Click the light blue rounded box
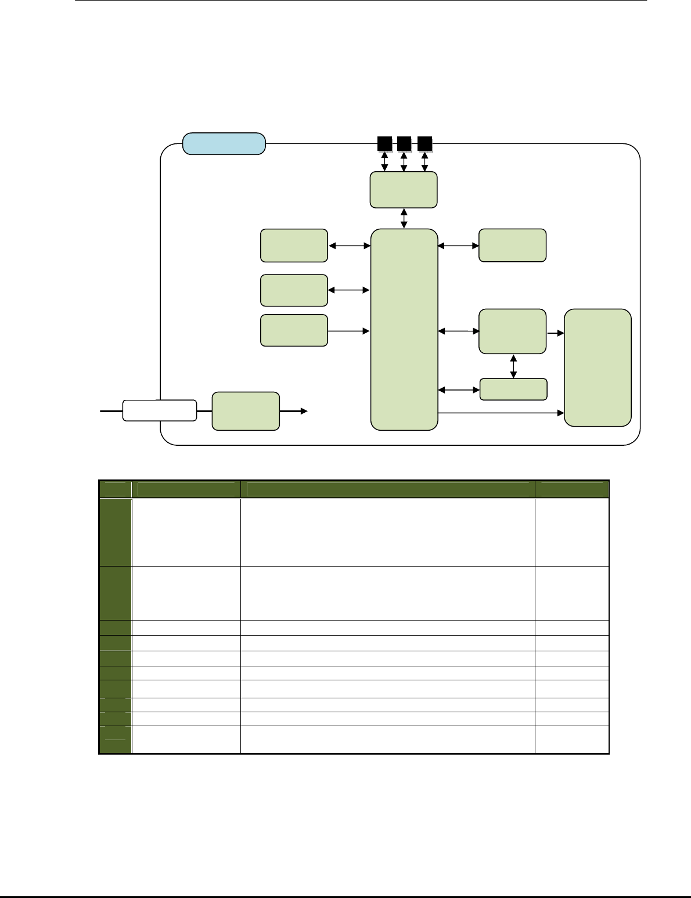224,143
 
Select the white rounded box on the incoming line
159,410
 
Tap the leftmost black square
384,143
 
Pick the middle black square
404,143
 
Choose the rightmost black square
424,143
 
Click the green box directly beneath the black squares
404,189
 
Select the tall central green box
404,329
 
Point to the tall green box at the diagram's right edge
598,367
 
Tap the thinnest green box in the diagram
513,389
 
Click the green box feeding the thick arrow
246,411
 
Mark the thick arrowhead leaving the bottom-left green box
303,411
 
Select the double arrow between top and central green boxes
404,218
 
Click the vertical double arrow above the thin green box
513,366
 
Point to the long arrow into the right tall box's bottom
501,413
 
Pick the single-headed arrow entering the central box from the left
349,331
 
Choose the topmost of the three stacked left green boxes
294,246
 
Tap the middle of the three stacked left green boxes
294,290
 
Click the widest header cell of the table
387,489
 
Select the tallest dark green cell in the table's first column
115,532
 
